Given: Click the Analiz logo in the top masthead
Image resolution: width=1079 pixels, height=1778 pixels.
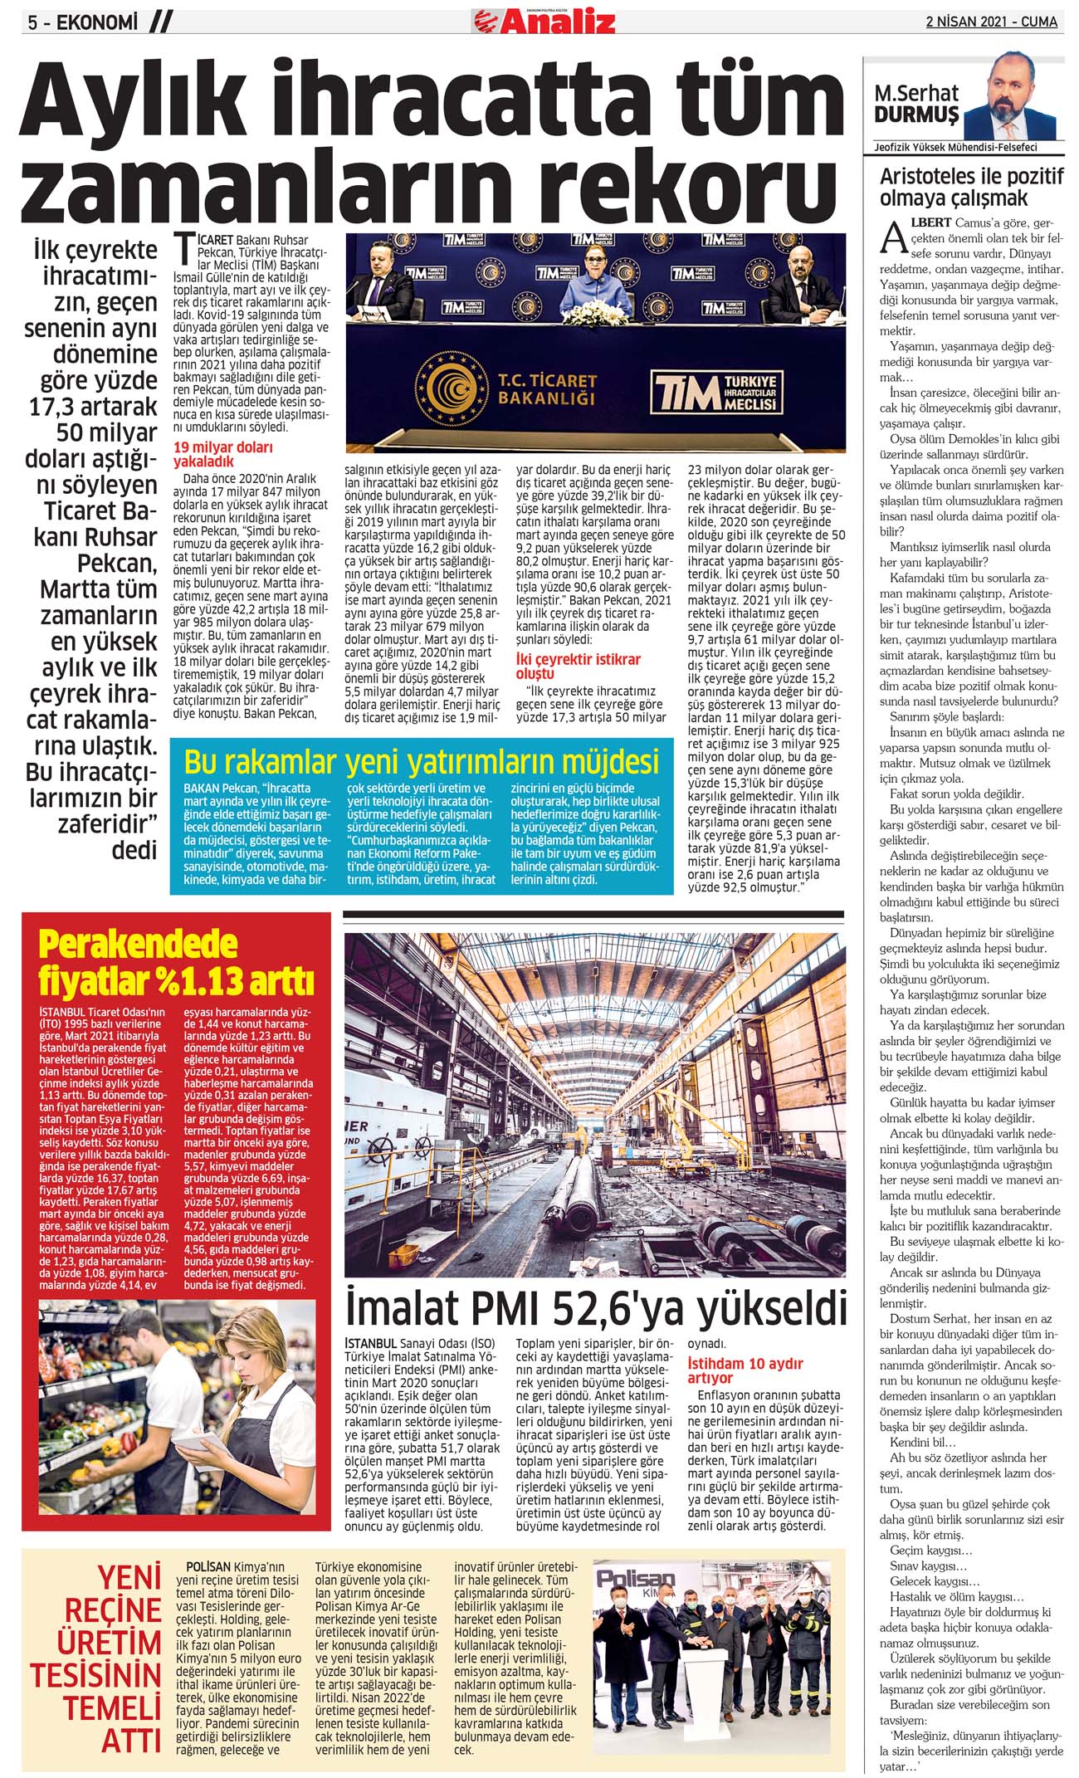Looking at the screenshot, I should tap(544, 19).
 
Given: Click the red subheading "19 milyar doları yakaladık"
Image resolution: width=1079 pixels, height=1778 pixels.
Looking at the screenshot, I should tap(222, 454).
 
